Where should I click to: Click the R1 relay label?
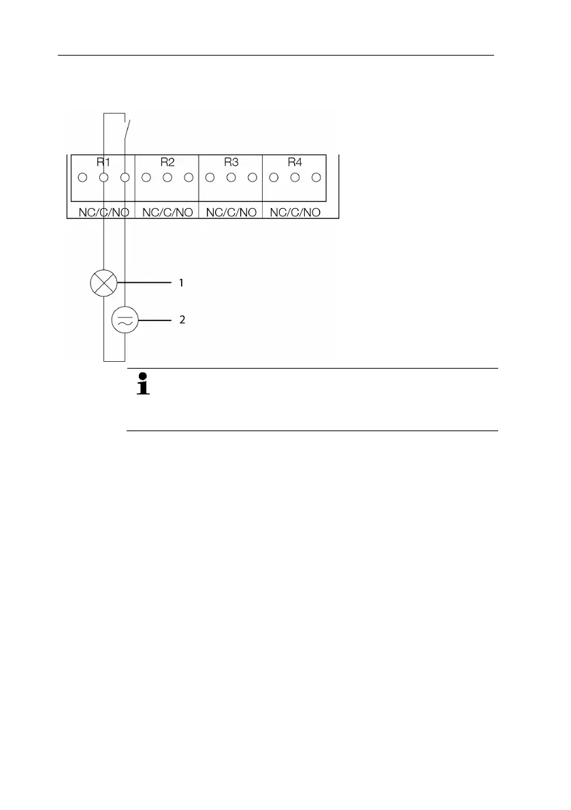point(103,162)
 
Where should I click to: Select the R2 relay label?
point(167,162)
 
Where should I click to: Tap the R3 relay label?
point(231,162)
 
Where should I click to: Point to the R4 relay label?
point(295,162)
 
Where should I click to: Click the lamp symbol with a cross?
point(103,282)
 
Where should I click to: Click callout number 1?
point(181,282)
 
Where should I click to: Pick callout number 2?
point(181,319)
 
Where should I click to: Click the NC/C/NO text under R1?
point(103,212)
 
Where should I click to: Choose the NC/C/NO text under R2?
point(167,212)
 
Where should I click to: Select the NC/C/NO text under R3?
point(231,212)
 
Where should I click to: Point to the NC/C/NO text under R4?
point(295,212)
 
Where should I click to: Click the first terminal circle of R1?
point(82,178)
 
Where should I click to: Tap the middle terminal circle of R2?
point(167,178)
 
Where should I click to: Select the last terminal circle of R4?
point(316,178)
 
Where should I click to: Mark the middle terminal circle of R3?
point(231,178)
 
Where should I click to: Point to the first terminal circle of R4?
point(274,178)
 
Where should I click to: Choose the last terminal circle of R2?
point(189,178)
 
